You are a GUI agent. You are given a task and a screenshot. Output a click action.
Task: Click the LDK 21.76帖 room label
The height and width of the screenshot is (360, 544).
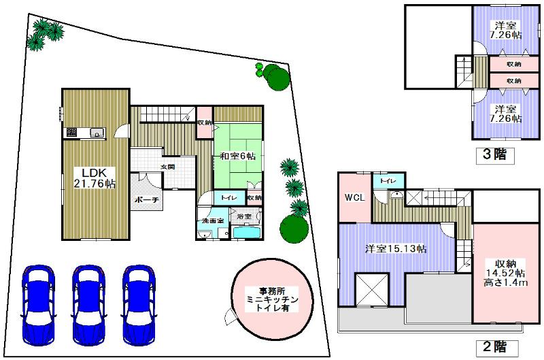click(x=95, y=177)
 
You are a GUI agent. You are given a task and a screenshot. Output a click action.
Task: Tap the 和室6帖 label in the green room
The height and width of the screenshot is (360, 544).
click(x=237, y=157)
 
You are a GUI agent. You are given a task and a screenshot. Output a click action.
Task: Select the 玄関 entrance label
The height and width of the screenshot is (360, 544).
click(x=168, y=167)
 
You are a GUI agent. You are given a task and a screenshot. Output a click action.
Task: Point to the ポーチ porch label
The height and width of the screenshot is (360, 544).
click(x=146, y=200)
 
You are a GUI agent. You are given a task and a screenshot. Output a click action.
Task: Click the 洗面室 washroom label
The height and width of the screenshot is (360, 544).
click(x=207, y=222)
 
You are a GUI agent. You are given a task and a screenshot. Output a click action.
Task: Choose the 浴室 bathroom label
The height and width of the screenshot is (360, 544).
click(x=243, y=216)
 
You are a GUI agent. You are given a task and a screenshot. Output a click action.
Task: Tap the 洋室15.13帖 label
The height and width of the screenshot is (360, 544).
click(x=396, y=249)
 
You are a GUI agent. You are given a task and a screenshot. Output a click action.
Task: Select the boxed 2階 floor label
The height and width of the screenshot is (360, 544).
click(x=494, y=347)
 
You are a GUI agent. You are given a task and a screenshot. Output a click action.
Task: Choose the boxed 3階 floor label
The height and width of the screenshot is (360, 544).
click(x=494, y=154)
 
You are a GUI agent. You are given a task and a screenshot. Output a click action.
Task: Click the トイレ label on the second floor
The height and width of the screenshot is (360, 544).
click(x=389, y=181)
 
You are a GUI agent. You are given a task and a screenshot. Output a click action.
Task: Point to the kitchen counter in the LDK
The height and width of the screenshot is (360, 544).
click(x=84, y=132)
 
